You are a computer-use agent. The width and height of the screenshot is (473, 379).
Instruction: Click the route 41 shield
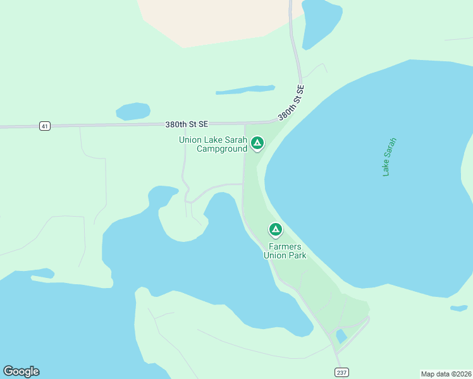[44, 126]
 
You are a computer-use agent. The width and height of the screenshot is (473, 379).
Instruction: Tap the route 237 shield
[341, 372]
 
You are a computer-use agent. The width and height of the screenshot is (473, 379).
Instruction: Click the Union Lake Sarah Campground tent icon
[257, 143]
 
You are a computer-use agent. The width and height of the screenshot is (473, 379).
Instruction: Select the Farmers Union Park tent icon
[275, 229]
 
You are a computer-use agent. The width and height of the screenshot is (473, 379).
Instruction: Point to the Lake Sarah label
[390, 156]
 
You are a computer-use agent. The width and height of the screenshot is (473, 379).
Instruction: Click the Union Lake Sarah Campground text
[212, 145]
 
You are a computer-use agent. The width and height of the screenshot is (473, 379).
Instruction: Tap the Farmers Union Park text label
[285, 251]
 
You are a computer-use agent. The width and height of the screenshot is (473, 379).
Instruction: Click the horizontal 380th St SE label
[187, 124]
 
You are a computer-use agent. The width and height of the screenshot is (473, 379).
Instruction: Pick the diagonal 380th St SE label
[291, 103]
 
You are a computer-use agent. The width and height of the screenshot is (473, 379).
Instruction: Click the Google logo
[21, 371]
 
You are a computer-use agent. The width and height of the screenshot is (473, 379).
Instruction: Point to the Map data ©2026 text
[445, 374]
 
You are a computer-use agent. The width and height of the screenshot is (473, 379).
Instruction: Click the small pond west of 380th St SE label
[133, 111]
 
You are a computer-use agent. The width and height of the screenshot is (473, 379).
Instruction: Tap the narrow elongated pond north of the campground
[245, 90]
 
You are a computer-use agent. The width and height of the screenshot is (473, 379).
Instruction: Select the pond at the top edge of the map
[321, 23]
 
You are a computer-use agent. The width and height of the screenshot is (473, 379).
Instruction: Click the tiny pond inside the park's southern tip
[341, 335]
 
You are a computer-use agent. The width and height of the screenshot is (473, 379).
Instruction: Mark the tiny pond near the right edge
[459, 308]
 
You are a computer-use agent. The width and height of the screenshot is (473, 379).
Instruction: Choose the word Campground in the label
[221, 149]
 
